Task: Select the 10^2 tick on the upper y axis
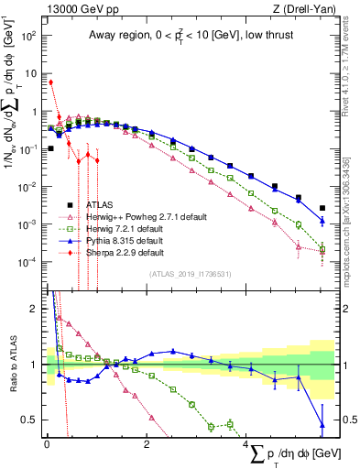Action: coord(29,37)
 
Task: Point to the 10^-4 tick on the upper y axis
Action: coord(29,262)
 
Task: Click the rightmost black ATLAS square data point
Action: coord(322,208)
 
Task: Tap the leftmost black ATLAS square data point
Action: coord(50,147)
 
